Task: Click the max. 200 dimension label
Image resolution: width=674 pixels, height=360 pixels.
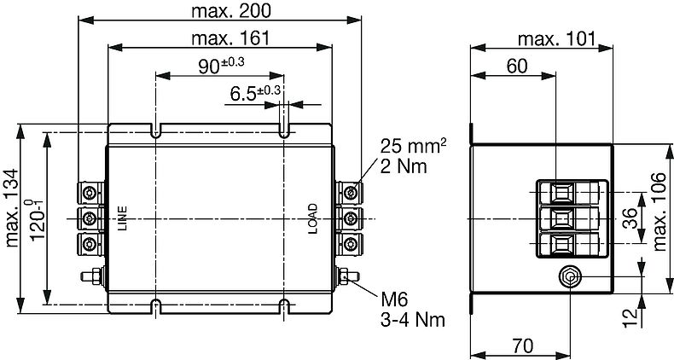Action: coord(231,11)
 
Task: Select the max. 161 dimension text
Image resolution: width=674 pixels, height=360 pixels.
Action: coord(230,38)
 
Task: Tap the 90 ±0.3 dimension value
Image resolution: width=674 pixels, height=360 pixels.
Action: coord(221,66)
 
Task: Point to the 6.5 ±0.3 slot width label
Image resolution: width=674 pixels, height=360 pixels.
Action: coord(255,93)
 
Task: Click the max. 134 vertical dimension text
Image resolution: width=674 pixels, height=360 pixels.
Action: coord(12,208)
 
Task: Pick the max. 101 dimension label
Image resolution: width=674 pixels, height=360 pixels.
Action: coord(557,39)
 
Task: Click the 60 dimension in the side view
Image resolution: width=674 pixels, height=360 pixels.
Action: coord(517,67)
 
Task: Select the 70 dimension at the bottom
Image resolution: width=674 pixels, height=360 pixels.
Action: coord(523,345)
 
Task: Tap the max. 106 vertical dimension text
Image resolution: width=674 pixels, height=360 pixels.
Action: coord(659,212)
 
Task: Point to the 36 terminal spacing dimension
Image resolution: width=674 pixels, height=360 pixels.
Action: coord(630,218)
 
